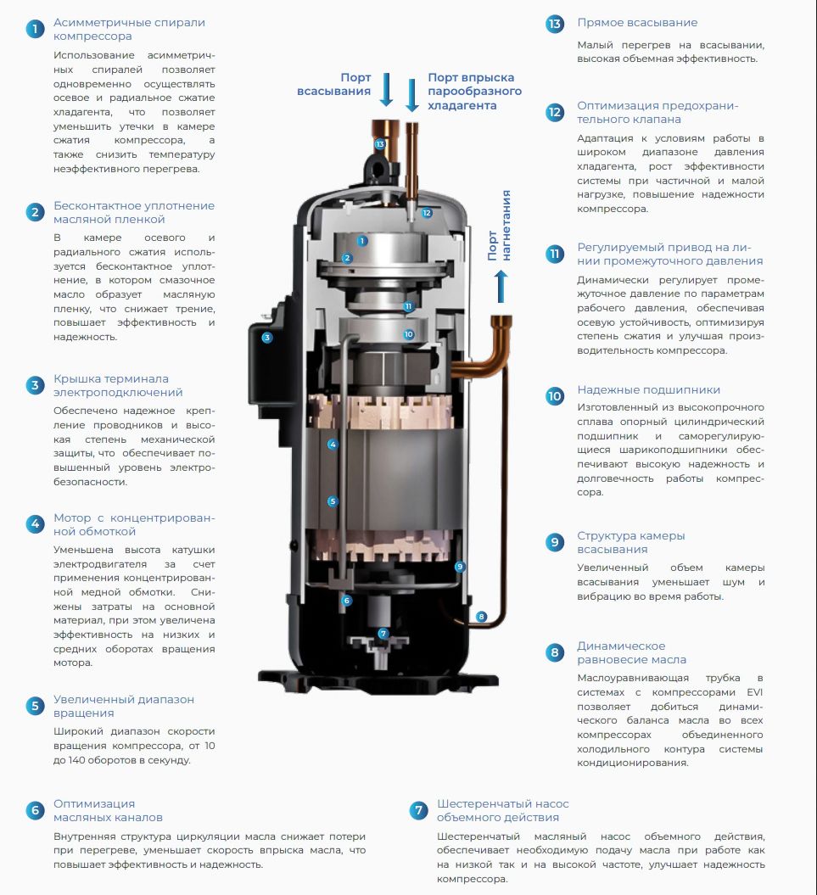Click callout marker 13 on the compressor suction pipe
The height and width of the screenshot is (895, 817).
coord(380,144)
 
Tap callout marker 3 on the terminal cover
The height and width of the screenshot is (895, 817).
coord(266,338)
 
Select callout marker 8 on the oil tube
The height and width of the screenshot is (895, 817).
coord(481,617)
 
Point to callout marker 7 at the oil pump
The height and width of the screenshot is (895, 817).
coord(383,634)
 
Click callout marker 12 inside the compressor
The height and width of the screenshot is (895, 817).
coord(427,213)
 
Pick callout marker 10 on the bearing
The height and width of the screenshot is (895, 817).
coord(408,334)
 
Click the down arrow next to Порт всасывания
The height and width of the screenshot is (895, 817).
coord(387,90)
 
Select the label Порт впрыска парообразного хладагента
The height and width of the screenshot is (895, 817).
coord(474,92)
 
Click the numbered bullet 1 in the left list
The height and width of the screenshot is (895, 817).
coord(35,29)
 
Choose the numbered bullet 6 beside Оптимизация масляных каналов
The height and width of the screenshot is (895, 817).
coord(35,810)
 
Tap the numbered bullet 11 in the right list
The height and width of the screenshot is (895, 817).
coord(554,254)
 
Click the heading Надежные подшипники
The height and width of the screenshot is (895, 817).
coord(648,390)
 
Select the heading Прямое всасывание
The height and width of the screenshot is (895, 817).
coord(637,23)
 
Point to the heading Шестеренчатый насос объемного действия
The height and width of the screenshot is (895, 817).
coord(502,810)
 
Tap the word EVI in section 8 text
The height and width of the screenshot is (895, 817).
coord(755,692)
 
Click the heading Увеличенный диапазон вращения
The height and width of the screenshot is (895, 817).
coord(124,706)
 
